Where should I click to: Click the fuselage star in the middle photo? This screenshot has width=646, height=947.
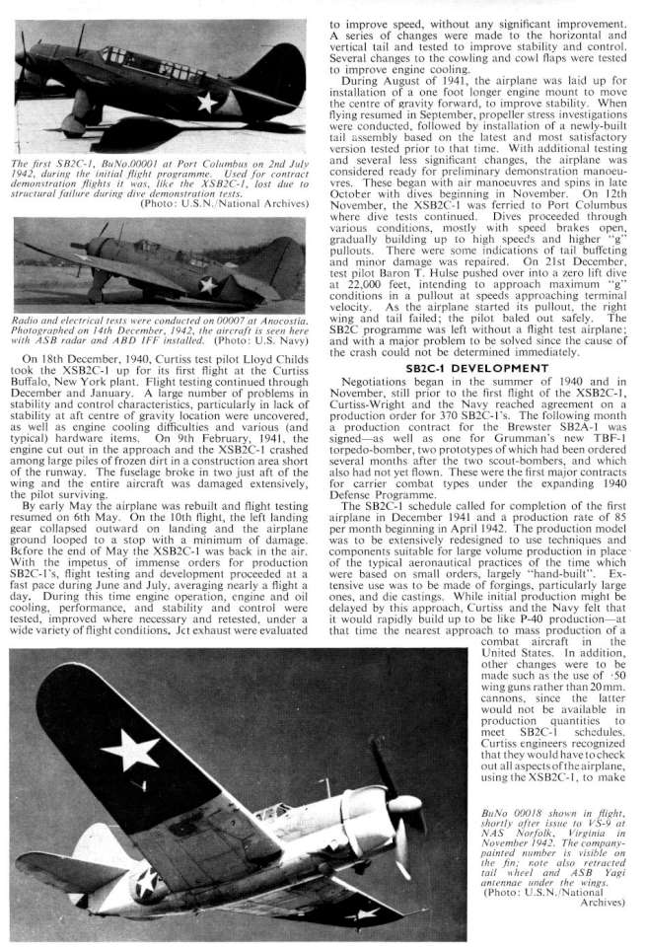pyautogui.click(x=207, y=286)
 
